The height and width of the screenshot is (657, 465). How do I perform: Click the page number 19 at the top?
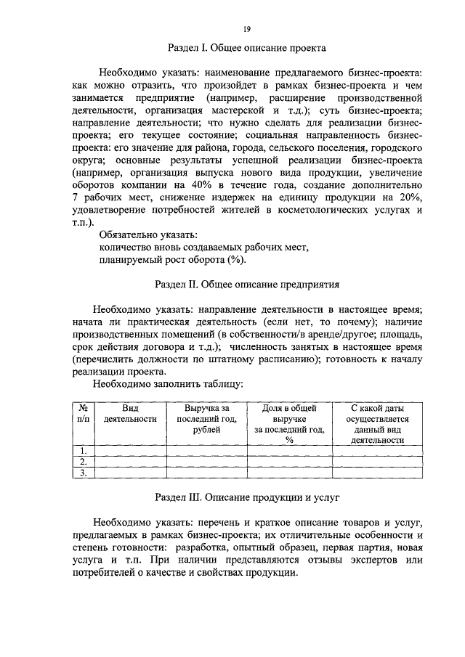pyautogui.click(x=247, y=28)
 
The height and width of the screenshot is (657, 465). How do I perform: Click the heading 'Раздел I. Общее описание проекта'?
pyautogui.click(x=247, y=49)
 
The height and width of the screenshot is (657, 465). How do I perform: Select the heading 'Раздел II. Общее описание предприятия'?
pyautogui.click(x=247, y=283)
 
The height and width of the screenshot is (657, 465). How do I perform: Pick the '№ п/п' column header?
pyautogui.click(x=84, y=414)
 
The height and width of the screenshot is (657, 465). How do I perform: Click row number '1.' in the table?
pyautogui.click(x=84, y=451)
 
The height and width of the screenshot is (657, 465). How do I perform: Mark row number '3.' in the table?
pyautogui.click(x=84, y=473)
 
